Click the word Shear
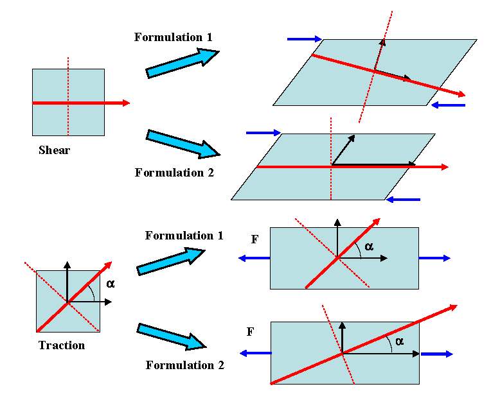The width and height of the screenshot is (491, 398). tap(54, 151)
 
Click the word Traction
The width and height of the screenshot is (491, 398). tap(62, 345)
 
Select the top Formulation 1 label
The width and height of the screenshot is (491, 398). tap(173, 37)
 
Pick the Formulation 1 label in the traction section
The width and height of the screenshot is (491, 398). tap(184, 236)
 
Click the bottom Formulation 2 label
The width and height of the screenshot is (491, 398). tap(184, 365)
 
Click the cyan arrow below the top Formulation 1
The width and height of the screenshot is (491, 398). tap(183, 63)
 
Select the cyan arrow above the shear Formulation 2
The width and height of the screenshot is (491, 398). tap(183, 144)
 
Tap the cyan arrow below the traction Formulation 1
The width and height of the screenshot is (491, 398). tap(171, 260)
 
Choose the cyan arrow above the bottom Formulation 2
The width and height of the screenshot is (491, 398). tap(171, 336)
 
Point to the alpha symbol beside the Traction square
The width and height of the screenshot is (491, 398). tap(110, 283)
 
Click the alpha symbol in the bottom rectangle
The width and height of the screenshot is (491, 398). tap(399, 341)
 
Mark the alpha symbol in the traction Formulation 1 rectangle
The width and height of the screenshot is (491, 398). tap(368, 247)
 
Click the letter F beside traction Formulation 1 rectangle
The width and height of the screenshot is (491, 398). tap(255, 239)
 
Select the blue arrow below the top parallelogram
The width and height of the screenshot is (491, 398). tap(447, 105)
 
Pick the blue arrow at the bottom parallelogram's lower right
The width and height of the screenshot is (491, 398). tap(403, 200)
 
